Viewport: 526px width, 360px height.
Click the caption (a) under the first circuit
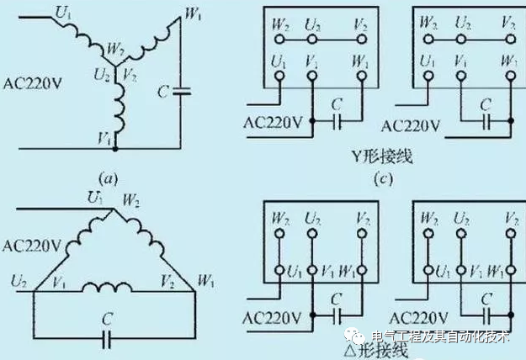click(x=107, y=179)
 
